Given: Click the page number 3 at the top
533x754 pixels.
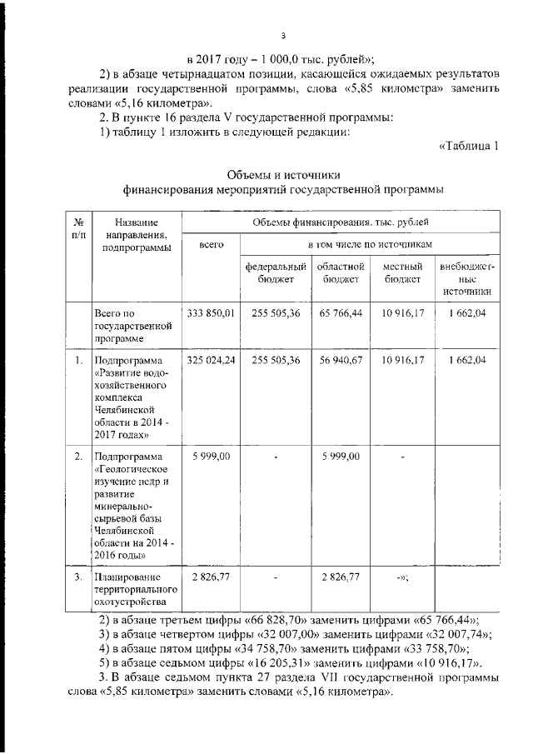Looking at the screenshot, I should [x=284, y=36].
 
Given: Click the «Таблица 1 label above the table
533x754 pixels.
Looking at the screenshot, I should [x=468, y=147].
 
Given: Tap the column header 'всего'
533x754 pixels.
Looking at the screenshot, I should [x=211, y=245].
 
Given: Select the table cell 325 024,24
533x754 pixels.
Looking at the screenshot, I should [x=211, y=360].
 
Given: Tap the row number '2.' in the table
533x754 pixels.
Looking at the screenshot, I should [x=77, y=457].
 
